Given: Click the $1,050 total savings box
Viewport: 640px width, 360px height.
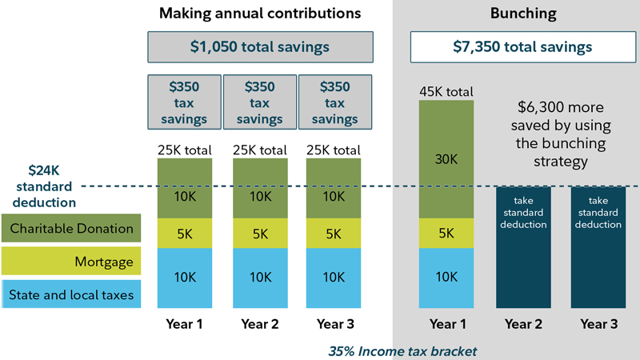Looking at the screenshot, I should pos(260,47).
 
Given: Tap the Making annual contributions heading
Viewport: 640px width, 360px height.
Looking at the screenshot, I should pos(260,14).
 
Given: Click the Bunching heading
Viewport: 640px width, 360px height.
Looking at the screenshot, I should pos(516,14).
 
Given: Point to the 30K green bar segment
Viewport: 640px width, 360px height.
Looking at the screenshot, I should pos(446,159).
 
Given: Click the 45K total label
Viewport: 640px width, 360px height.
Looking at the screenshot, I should pos(446,91).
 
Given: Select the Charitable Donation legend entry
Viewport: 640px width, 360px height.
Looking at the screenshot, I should pos(71,229).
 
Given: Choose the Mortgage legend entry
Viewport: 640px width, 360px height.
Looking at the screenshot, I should pos(71,261).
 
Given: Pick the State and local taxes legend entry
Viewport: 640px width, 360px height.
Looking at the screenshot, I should pos(71,294).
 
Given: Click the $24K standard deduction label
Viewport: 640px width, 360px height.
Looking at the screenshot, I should pos(44,186).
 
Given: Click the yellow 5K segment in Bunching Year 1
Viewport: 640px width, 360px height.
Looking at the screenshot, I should pos(446,233).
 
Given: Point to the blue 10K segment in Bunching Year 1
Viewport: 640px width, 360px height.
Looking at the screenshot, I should pos(446,278).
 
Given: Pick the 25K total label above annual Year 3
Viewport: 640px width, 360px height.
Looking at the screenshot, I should pos(334,150).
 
